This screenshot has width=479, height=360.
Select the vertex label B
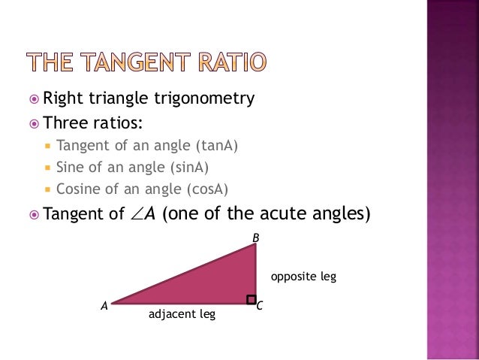[x=255, y=238]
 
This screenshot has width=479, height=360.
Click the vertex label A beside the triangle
[x=104, y=307]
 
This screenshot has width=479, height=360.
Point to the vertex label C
[x=260, y=307]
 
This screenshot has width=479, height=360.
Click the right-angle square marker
[x=251, y=300]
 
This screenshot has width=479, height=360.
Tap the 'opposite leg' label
[x=303, y=277]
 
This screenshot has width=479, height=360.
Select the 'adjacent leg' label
[x=182, y=314]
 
